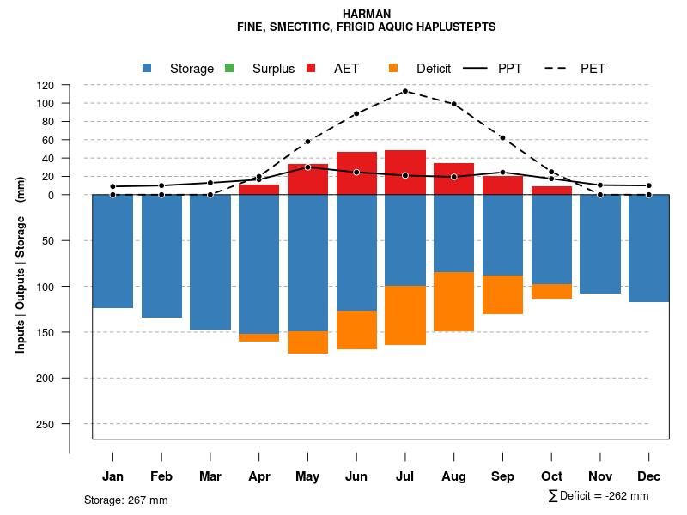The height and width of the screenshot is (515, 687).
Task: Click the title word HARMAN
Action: (x=366, y=15)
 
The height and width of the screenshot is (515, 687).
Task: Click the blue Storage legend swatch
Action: (x=148, y=68)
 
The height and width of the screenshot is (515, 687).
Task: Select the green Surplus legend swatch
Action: (x=229, y=68)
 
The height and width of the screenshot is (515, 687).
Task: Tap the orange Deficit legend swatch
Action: (x=393, y=68)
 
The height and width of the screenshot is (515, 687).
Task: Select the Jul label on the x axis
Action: (x=405, y=476)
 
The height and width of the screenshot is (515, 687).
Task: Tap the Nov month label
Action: (x=600, y=476)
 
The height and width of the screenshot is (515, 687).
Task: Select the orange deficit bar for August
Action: (x=454, y=301)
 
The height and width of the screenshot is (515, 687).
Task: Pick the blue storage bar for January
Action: (x=112, y=251)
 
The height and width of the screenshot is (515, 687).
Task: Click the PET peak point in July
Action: (x=405, y=91)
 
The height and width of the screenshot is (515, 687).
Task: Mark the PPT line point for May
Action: (x=307, y=167)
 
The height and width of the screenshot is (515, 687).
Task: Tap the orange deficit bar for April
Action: (x=258, y=337)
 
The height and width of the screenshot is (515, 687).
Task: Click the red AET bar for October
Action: (x=551, y=190)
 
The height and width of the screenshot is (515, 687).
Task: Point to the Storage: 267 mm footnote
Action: (x=125, y=500)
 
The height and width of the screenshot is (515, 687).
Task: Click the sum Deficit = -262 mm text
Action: (x=599, y=496)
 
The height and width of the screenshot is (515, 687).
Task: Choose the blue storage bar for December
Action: (x=648, y=248)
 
